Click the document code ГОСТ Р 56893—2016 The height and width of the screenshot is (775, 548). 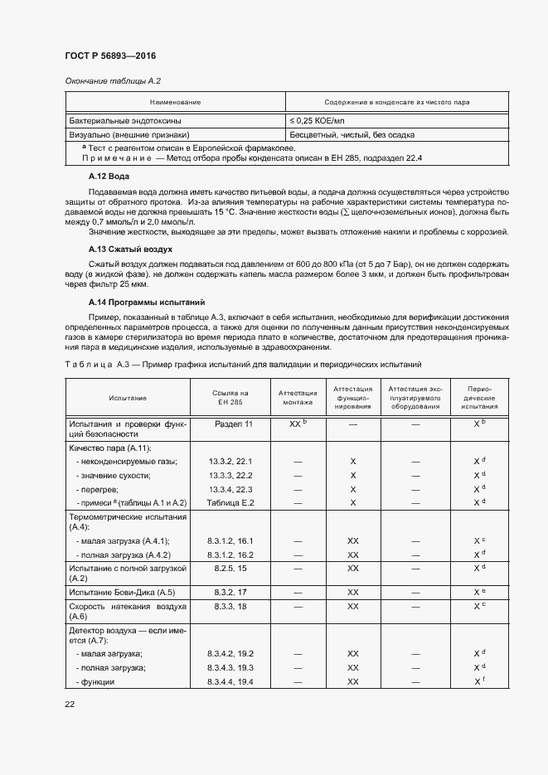pyautogui.click(x=110, y=56)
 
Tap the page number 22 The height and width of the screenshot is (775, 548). pyautogui.click(x=70, y=704)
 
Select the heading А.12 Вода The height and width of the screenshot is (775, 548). pyautogui.click(x=109, y=177)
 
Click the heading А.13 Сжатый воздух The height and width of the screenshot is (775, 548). pyautogui.click(x=130, y=249)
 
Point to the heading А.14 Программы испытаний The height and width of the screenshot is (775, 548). pyautogui.click(x=147, y=303)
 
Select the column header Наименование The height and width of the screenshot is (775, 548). pyautogui.click(x=175, y=102)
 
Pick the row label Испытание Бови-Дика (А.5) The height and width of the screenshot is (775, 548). pyautogui.click(x=122, y=593)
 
